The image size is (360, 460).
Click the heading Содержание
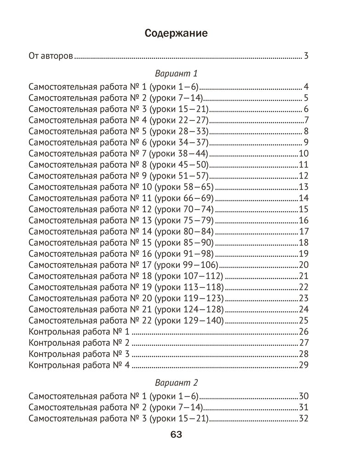[x=176, y=33]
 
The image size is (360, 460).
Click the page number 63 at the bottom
[x=176, y=435]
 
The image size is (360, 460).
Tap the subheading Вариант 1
[x=176, y=74]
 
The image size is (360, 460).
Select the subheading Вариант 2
[x=176, y=383]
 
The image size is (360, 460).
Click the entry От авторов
[x=51, y=57]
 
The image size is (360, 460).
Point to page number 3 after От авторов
[x=306, y=57]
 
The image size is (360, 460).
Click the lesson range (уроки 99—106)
[x=186, y=264]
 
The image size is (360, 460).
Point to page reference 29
[x=303, y=365]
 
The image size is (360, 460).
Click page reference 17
[x=303, y=231]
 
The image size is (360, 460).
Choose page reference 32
[x=303, y=419]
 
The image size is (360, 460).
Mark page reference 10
[x=303, y=154]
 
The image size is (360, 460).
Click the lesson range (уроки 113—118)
[x=189, y=287]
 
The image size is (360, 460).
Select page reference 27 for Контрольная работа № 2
[x=303, y=342]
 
